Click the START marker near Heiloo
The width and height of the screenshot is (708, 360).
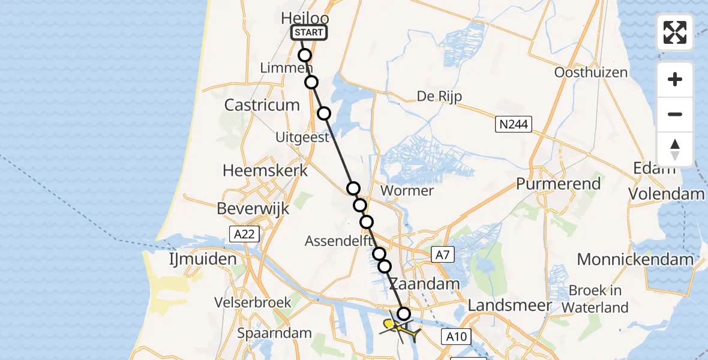click(309, 32)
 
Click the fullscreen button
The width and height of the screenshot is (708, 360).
click(675, 32)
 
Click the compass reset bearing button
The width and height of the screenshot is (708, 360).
click(675, 149)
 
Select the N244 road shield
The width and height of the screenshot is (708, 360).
click(512, 125)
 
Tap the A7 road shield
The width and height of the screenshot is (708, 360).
click(442, 256)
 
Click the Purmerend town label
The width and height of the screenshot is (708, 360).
click(558, 184)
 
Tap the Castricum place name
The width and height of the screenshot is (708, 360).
click(262, 105)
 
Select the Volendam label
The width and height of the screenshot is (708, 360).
click(666, 194)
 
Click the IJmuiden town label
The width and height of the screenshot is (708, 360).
click(202, 260)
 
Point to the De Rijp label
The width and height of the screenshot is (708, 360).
click(439, 97)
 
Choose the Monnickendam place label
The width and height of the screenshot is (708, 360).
click(635, 260)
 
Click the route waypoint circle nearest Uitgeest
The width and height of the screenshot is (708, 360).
click(324, 113)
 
